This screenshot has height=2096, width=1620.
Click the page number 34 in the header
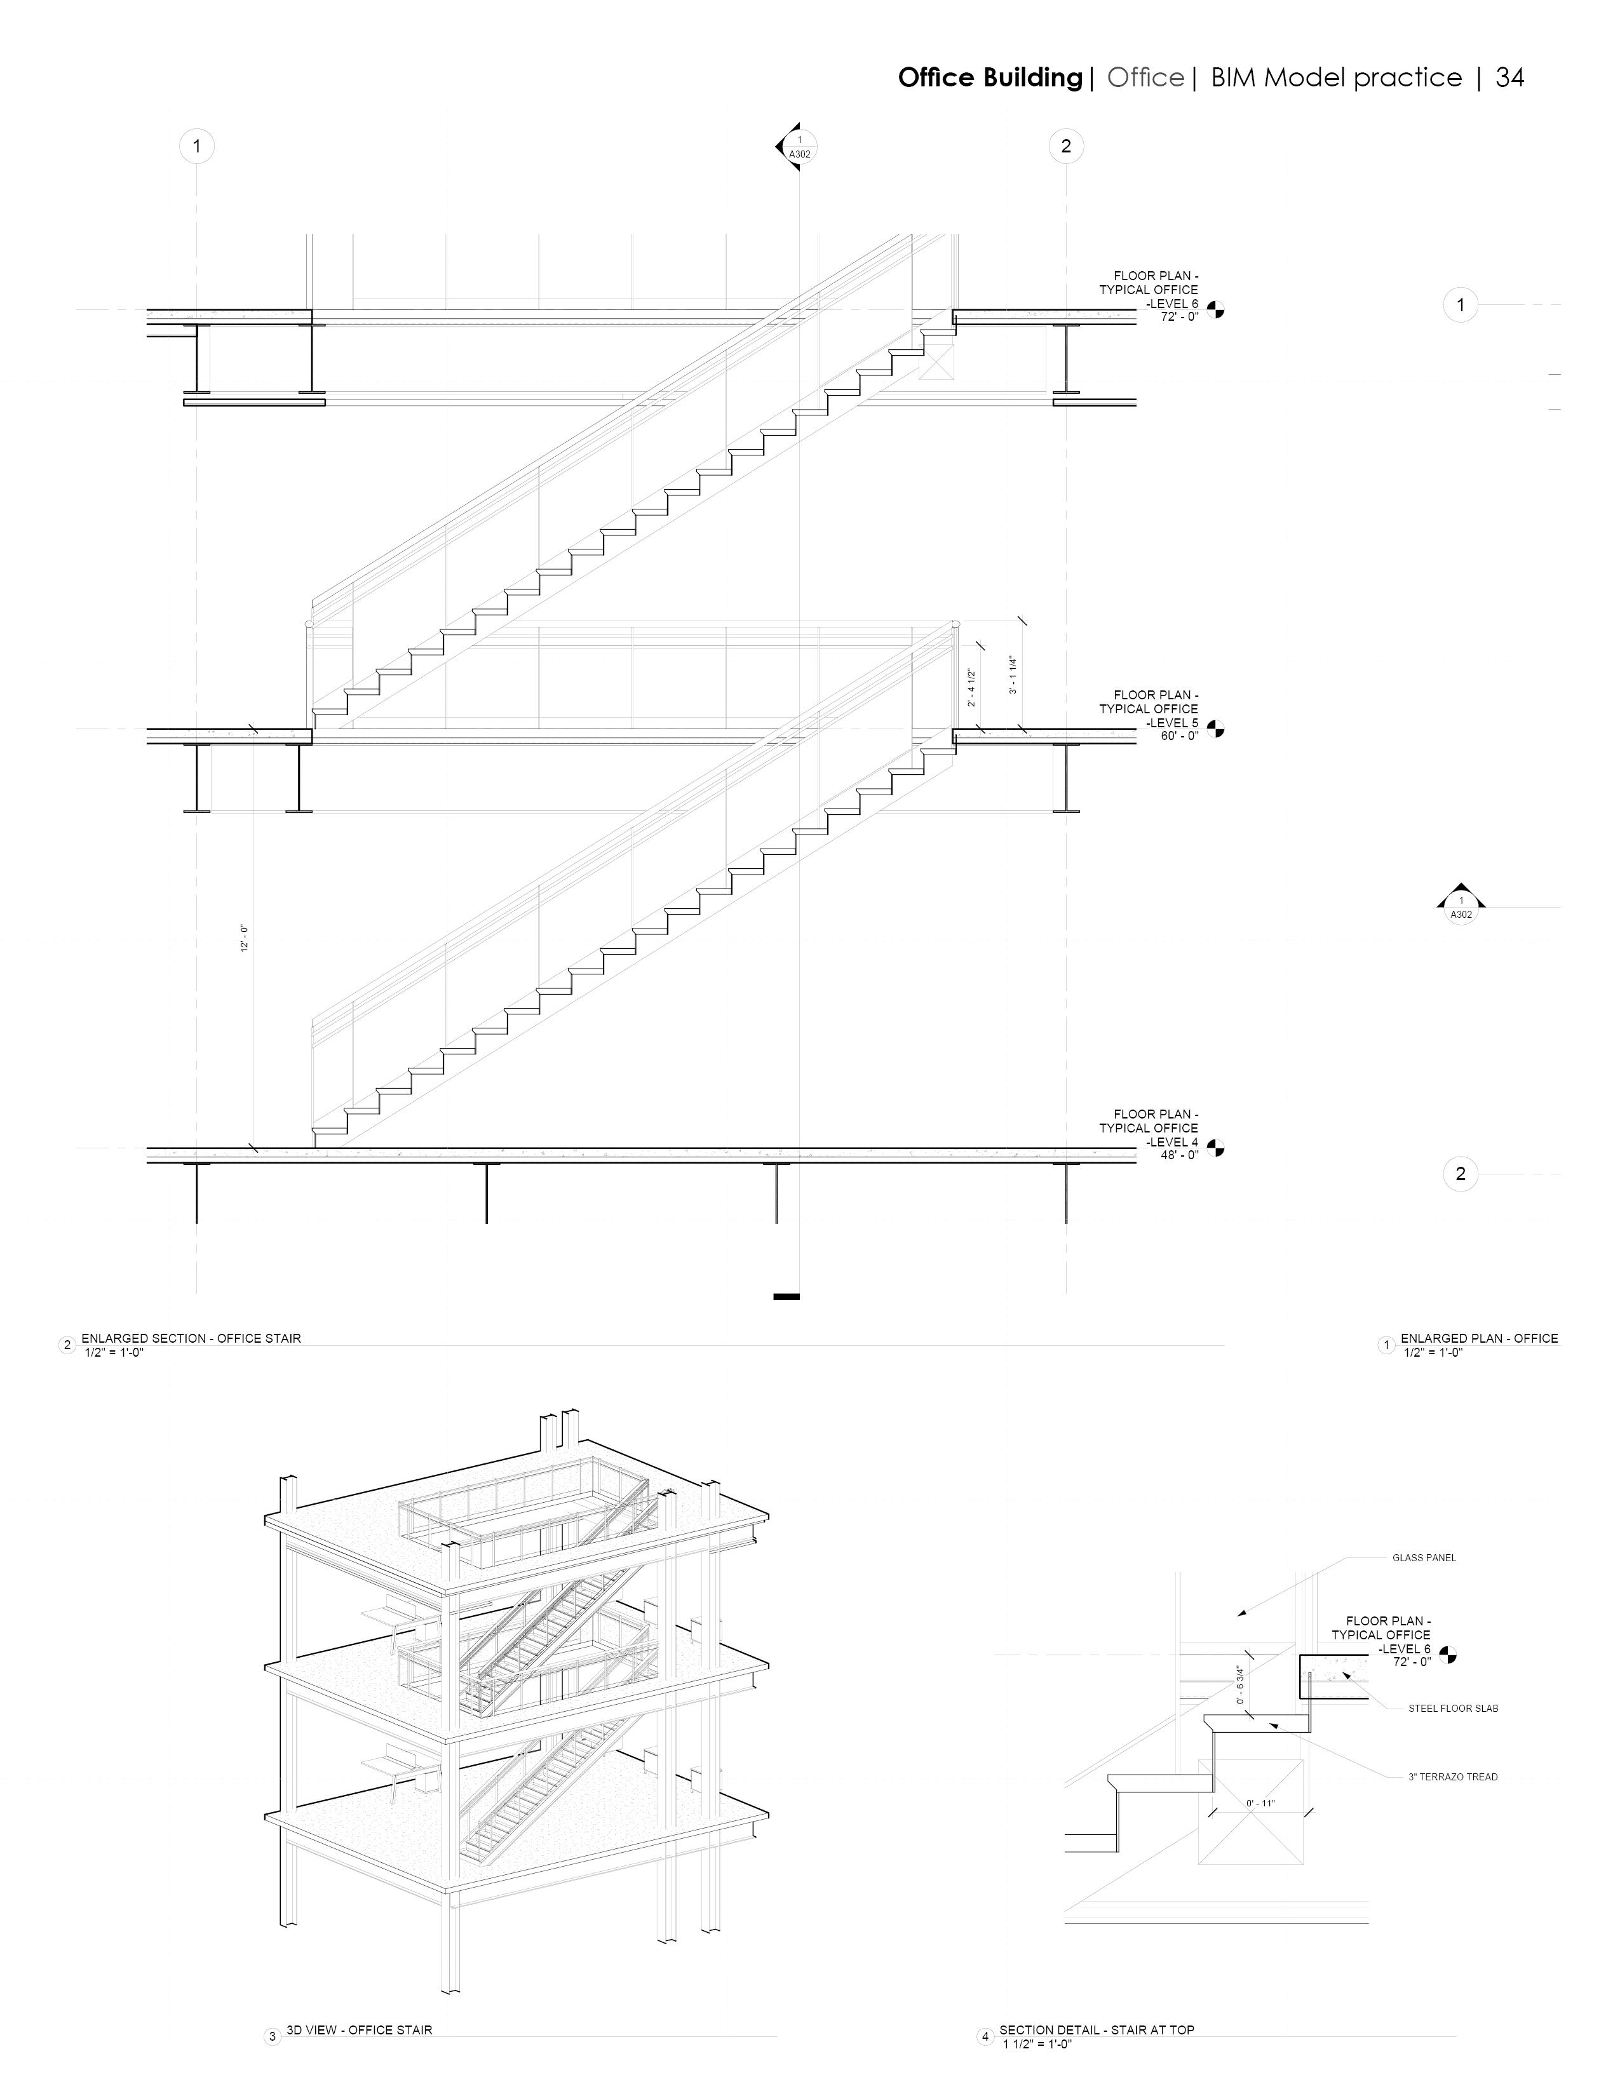pos(1509,77)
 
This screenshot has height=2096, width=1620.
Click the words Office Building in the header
pos(989,77)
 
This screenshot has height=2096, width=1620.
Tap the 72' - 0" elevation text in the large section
pos(1180,317)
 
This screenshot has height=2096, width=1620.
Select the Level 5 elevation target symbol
pos(1216,729)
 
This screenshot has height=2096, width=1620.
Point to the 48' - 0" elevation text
pos(1180,1155)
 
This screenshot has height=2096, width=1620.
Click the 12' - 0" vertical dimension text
pos(245,937)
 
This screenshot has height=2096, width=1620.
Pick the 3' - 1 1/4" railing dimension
pos(1013,675)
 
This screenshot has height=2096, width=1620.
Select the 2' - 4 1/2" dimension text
pos(972,688)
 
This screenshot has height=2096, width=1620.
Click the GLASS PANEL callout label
pos(1423,1557)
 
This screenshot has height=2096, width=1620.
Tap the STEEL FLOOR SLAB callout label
pos(1452,1709)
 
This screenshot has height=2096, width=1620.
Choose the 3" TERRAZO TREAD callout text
pos(1452,1777)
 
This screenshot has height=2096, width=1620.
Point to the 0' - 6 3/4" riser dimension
pos(1240,1684)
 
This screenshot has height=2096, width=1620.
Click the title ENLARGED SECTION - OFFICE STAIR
pos(191,1338)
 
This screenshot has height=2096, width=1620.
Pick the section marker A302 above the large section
pos(799,148)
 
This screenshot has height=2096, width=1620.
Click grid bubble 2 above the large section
pos(1066,147)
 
